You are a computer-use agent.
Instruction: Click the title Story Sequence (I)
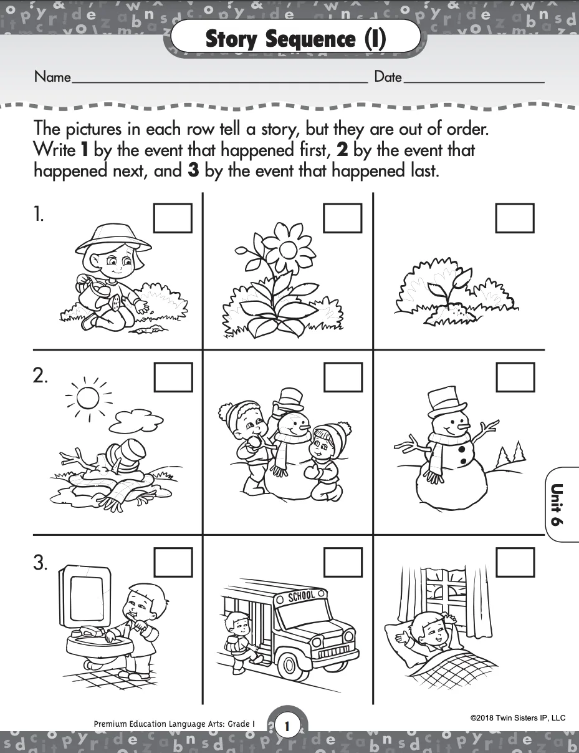[x=295, y=39]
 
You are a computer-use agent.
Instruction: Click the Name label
[x=52, y=77]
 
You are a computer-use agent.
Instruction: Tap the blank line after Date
[x=474, y=81]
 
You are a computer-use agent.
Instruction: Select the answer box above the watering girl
[x=173, y=218]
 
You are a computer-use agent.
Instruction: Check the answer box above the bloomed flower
[x=343, y=218]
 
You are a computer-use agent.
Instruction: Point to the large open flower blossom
[x=287, y=248]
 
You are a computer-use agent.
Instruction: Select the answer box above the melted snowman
[x=173, y=377]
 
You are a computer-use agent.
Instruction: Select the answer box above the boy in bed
[x=515, y=563]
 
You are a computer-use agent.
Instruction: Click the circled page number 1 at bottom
[x=287, y=726]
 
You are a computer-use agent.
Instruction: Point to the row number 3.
[x=41, y=563]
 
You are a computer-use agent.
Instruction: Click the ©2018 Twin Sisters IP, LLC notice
[x=518, y=718]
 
